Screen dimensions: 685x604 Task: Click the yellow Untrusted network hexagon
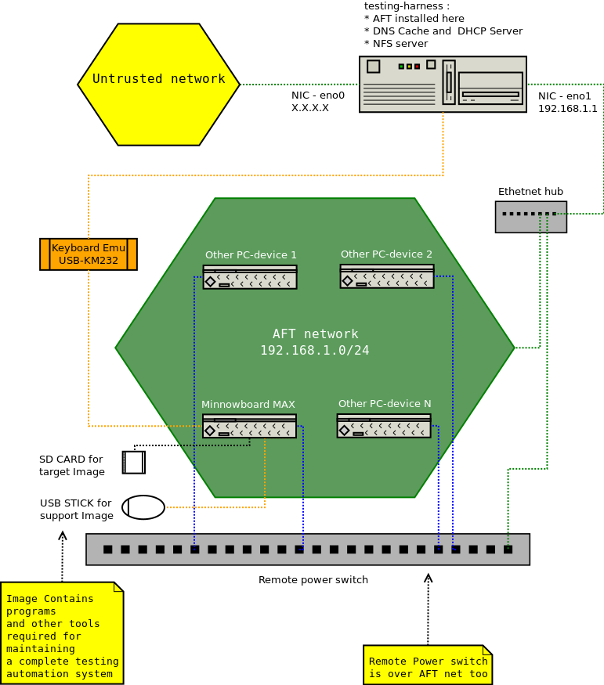point(158,85)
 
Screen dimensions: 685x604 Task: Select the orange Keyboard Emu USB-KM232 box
point(89,254)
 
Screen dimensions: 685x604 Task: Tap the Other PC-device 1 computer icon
point(250,277)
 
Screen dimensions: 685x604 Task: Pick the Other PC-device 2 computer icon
point(387,276)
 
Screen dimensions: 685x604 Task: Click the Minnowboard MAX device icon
point(249,426)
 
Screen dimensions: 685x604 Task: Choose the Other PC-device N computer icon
point(384,426)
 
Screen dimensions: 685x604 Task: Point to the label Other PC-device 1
point(251,255)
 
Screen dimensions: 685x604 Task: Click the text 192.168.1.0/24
point(314,351)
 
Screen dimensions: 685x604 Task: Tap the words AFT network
point(315,334)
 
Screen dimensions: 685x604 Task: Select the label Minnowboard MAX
point(248,405)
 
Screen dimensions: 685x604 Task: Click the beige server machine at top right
point(443,85)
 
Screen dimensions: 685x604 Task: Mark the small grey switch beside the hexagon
point(530,217)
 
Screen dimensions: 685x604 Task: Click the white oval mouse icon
point(143,507)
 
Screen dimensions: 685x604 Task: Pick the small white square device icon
point(134,463)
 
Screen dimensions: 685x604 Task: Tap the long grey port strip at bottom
point(307,549)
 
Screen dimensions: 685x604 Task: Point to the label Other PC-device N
point(385,404)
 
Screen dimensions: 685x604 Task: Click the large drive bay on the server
point(490,88)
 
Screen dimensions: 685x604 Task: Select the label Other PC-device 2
point(386,254)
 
